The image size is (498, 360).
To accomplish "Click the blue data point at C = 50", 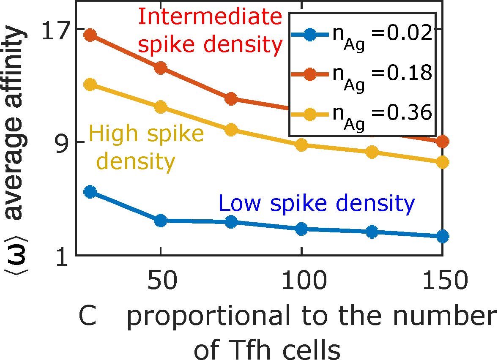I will [160, 220].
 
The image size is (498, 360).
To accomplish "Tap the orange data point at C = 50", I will [160, 68].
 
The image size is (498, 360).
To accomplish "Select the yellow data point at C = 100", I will [301, 145].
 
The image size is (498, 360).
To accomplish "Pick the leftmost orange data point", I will [90, 35].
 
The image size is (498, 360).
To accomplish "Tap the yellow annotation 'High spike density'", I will [146, 147].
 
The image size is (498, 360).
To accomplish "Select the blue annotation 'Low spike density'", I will [317, 204].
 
